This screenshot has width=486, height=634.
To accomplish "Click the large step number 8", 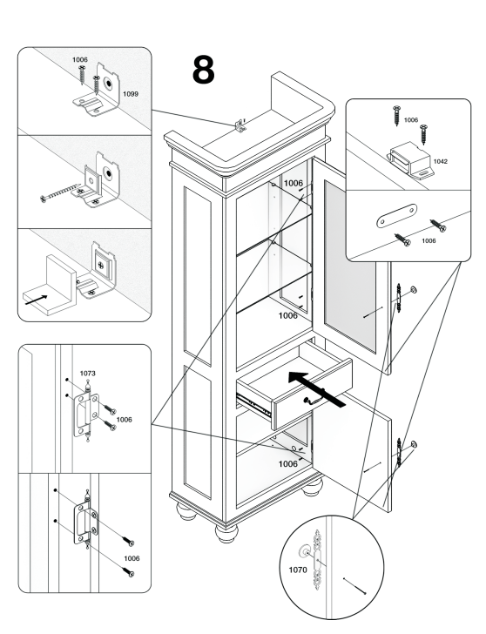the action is (204, 70).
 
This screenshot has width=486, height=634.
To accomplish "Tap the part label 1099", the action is (131, 94).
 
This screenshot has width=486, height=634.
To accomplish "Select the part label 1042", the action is (441, 161).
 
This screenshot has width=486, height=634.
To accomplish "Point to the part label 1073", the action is (87, 374).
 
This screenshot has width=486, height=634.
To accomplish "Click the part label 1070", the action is (298, 570).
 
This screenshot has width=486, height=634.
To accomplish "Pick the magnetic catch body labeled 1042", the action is (410, 160).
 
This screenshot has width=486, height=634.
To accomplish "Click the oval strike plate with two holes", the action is (396, 215).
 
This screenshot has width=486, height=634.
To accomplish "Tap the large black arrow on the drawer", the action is (317, 389).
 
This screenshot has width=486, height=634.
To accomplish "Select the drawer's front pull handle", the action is (314, 400).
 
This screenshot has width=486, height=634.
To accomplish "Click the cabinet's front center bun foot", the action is (226, 533).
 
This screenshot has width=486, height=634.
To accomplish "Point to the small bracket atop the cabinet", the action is (240, 125).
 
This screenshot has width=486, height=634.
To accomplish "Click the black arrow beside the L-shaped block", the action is (36, 300).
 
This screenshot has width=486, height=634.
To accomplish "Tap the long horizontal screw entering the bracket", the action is (60, 192).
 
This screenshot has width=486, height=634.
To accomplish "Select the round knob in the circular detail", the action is (305, 551).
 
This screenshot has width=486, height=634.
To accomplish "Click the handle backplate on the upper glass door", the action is (399, 298).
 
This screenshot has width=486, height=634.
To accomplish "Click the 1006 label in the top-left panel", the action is (80, 60).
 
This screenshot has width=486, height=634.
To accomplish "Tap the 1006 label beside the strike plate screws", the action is (429, 241).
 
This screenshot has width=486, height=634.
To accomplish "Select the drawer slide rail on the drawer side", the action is (253, 404).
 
